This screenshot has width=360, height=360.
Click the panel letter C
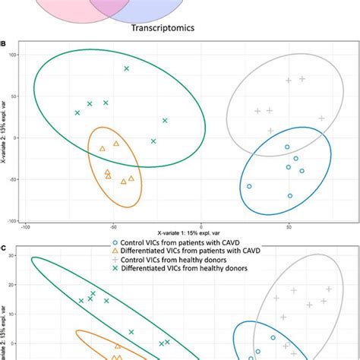coord(4,248)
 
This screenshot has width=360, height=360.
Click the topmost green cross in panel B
coord(127,68)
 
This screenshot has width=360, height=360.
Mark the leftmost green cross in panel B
coord(77,112)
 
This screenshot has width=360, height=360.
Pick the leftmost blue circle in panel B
coord(249,186)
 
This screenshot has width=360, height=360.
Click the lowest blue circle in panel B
coord(290,196)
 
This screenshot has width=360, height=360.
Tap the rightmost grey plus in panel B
coord(321,118)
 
